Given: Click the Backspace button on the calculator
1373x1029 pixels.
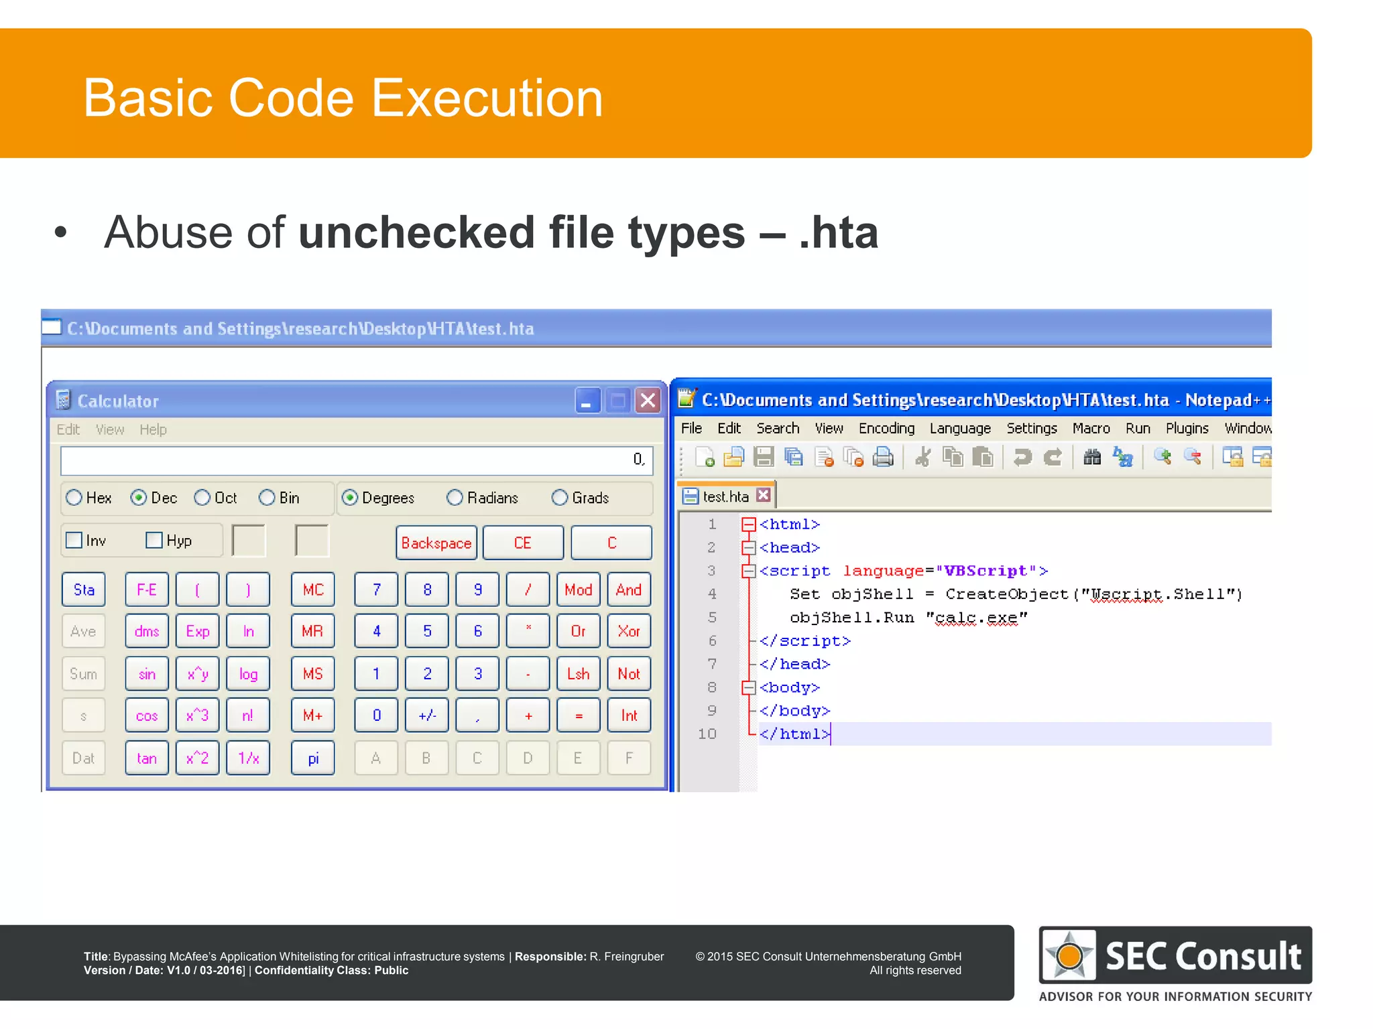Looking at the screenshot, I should tap(436, 543).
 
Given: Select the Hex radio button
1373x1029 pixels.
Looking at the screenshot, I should tap(74, 498).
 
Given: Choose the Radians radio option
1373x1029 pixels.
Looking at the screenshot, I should tap(455, 498).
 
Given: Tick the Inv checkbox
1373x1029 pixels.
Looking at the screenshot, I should tap(74, 541).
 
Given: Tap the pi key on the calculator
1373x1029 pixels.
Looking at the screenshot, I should tap(313, 758).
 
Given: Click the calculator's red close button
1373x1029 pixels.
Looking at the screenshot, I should tap(648, 401).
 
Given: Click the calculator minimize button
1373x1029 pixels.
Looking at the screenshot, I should tap(587, 401).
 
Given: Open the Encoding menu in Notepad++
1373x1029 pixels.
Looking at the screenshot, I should tap(886, 428).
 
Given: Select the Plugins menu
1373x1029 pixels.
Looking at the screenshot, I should tap(1187, 428).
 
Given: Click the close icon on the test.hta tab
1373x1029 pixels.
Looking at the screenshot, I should tap(763, 495).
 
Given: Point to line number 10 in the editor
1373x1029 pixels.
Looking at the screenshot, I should tap(707, 734).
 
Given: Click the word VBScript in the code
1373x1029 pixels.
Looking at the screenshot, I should tap(985, 571).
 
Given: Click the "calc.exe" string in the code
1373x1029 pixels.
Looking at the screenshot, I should tap(976, 618).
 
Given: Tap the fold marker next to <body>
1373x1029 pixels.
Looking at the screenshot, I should tap(749, 687).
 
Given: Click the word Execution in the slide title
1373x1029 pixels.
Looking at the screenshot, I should tap(487, 98).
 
